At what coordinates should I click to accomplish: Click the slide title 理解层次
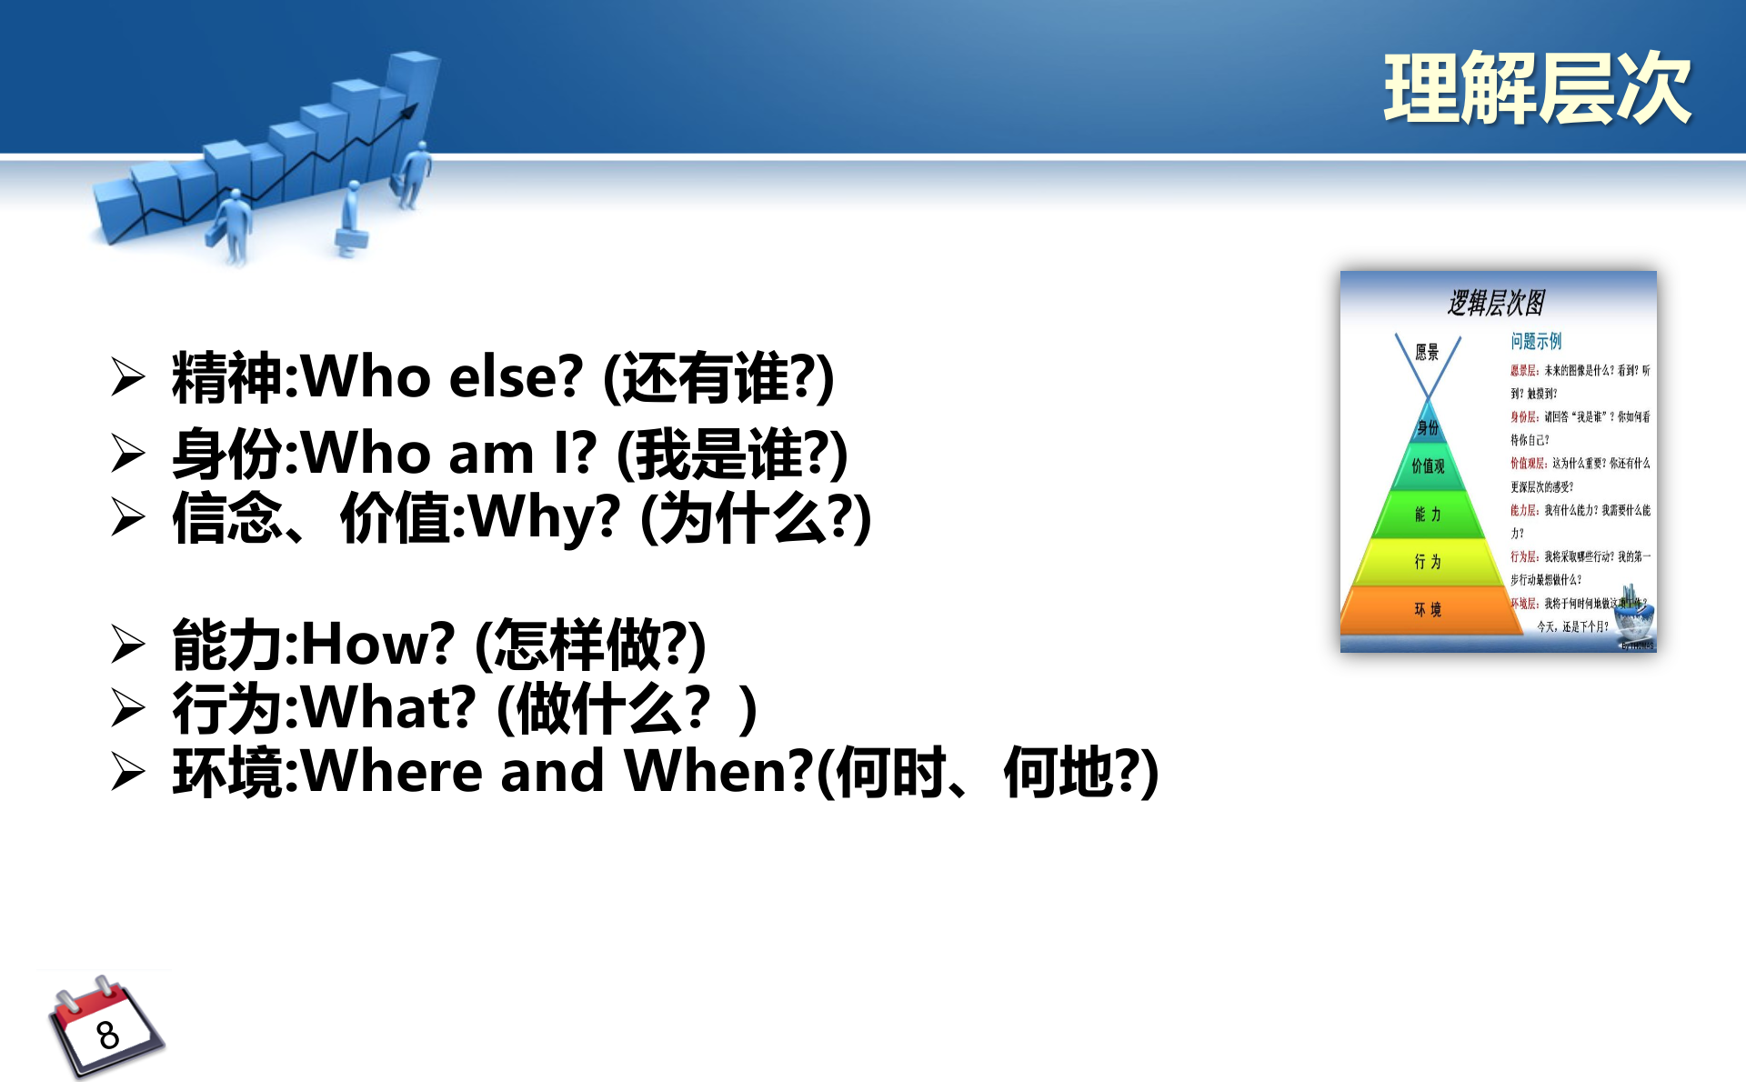tap(1537, 88)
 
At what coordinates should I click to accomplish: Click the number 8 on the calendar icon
tap(108, 1035)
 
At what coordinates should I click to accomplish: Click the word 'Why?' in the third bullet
tap(544, 517)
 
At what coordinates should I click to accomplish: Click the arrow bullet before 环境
tap(128, 773)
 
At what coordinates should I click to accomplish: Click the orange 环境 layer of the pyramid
tap(1428, 609)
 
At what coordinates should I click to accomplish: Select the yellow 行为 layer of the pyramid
tap(1428, 562)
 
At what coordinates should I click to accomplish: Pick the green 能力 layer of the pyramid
tap(1428, 515)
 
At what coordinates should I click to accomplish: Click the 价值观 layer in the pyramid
tap(1428, 466)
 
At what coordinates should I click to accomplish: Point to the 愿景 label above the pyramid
tap(1427, 353)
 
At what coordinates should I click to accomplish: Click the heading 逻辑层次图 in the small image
tap(1496, 303)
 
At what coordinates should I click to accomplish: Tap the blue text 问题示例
tap(1536, 341)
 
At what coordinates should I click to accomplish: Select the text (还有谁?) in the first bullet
tap(718, 377)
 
